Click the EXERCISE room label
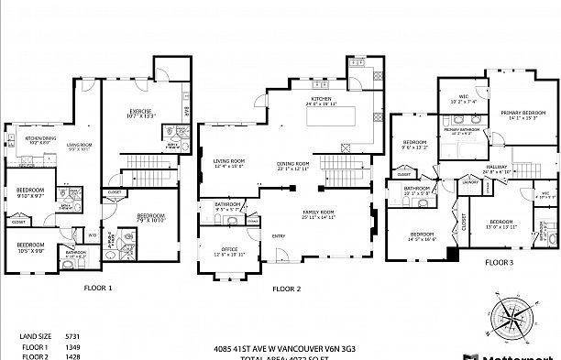[x=141, y=111]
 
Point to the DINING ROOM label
[x=293, y=162]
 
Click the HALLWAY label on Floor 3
[x=496, y=166]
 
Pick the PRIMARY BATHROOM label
[x=463, y=129]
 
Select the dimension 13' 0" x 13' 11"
[x=501, y=227]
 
